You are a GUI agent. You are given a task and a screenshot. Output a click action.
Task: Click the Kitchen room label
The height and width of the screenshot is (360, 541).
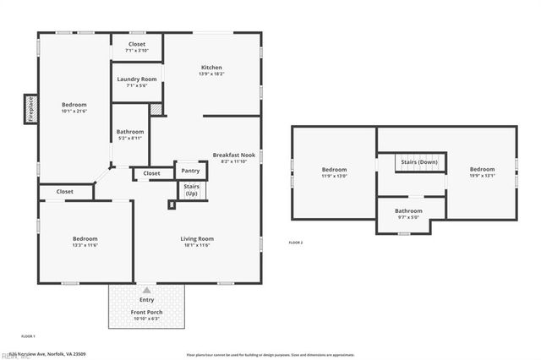(211, 68)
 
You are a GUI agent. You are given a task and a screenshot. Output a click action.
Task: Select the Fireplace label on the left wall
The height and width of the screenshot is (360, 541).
(30, 109)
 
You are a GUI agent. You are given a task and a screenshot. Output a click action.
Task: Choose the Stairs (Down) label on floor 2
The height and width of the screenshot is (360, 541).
(419, 161)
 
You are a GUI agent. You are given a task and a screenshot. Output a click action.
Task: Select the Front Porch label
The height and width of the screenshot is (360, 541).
(147, 313)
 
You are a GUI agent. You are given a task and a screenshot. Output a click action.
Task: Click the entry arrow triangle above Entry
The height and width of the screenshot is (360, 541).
(147, 290)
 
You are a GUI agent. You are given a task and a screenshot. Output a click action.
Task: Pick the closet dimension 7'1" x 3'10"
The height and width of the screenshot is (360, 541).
(136, 51)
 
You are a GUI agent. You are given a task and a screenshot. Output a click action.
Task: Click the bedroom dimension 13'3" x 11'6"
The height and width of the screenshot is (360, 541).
(85, 246)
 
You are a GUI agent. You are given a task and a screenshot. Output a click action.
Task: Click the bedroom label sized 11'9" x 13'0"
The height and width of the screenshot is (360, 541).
(334, 170)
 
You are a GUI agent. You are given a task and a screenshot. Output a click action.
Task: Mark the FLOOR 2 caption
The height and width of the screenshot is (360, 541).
(296, 243)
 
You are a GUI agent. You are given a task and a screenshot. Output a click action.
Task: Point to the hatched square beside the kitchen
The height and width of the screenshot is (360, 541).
(156, 109)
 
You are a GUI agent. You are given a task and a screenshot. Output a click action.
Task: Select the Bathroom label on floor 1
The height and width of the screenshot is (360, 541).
(130, 132)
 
